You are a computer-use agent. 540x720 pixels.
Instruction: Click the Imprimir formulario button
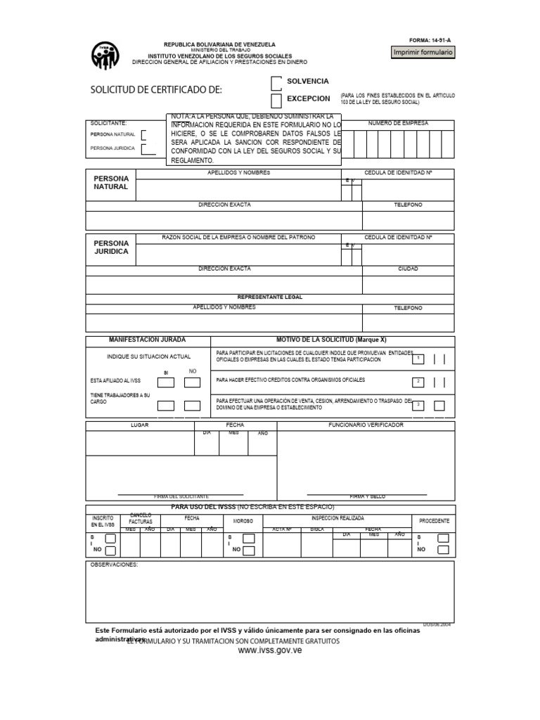423,53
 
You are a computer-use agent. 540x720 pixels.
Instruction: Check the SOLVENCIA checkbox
276,82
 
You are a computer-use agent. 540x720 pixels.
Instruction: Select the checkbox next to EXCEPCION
276,101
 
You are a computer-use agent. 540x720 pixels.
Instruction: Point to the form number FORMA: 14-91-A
432,41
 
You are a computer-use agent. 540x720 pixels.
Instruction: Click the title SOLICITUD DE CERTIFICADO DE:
156,90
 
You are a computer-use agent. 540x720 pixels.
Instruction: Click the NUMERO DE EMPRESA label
398,123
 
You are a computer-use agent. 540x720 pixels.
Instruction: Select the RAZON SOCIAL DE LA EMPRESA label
238,237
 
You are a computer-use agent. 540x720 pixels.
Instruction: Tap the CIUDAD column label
408,269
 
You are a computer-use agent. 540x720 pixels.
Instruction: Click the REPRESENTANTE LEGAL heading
270,297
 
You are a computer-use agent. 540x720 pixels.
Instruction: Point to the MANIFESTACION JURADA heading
148,340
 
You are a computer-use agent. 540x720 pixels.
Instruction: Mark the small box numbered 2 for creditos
418,382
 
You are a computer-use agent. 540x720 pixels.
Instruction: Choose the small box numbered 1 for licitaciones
418,359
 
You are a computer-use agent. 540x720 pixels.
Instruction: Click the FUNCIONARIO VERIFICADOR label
366,425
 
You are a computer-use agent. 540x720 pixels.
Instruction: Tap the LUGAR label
139,425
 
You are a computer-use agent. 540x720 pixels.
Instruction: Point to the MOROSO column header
243,521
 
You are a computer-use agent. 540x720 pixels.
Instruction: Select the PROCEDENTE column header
434,521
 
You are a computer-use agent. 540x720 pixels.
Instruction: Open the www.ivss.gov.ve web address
270,652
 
